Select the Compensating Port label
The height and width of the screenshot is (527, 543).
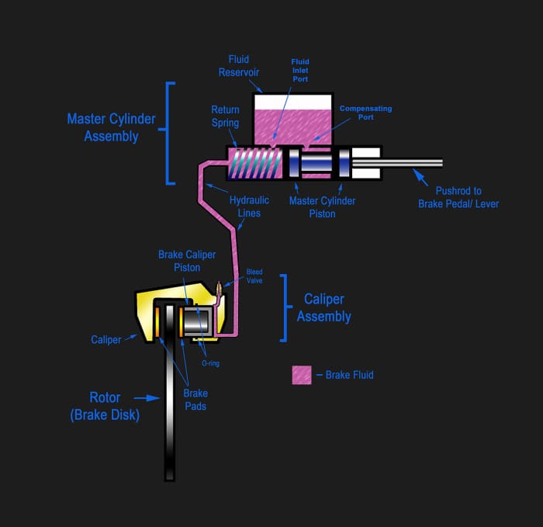(365, 113)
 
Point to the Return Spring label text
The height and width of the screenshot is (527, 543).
(225, 116)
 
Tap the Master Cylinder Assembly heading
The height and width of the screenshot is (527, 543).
(111, 128)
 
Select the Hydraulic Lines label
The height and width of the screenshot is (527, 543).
(249, 206)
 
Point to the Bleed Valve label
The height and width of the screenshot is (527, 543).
(254, 276)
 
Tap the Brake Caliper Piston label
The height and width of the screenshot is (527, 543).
(187, 261)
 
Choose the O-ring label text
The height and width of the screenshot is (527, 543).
(210, 362)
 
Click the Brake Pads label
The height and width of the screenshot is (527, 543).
(195, 399)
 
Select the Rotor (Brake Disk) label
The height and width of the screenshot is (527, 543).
(105, 406)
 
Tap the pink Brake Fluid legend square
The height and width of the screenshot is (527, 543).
(301, 375)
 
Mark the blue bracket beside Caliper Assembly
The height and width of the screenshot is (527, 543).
(284, 307)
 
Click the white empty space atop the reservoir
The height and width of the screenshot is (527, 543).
(293, 101)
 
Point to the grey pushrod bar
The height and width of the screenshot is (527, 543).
(411, 163)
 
